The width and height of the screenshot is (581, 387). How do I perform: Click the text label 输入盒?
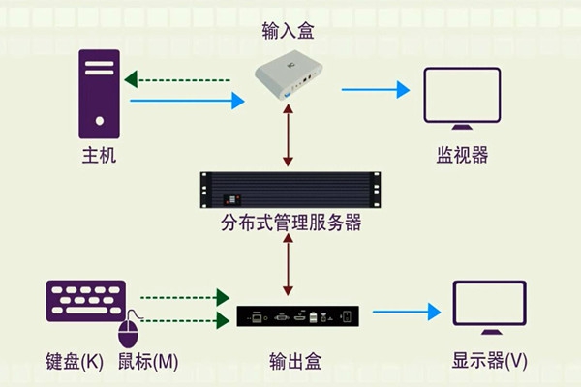tap(289, 33)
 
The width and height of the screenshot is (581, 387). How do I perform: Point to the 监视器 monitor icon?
tap(462, 101)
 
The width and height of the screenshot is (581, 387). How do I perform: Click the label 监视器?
tap(462, 155)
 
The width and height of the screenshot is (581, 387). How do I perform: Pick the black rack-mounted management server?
tap(290, 190)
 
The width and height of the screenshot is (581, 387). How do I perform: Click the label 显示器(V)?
tap(490, 362)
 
